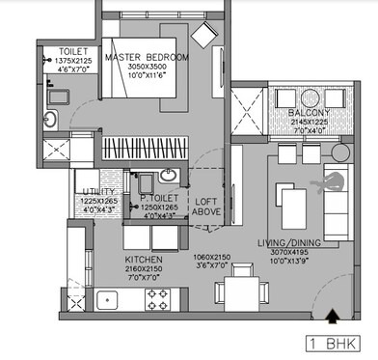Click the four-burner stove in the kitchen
[157, 299]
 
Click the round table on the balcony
[286, 97]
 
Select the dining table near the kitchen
[232, 291]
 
